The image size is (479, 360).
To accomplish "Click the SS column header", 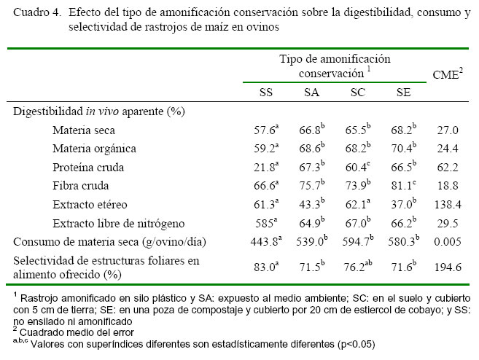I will tap(266, 93).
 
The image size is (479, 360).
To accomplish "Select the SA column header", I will tap(311, 93).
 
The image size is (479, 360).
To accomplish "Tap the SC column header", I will tap(357, 93).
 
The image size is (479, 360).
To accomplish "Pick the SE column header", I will tap(403, 93).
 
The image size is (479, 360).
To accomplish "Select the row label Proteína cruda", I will tap(87, 167).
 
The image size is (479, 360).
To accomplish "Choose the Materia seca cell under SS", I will tap(265, 130).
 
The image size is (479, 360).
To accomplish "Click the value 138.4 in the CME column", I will tap(446, 205).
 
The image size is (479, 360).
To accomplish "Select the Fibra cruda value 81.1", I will tap(402, 186).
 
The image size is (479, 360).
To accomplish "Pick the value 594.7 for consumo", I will tap(357, 241).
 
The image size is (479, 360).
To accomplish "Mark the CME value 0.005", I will tap(446, 241).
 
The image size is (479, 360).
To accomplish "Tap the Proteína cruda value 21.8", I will tap(265, 168).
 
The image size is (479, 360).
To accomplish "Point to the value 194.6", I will tap(446, 267).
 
